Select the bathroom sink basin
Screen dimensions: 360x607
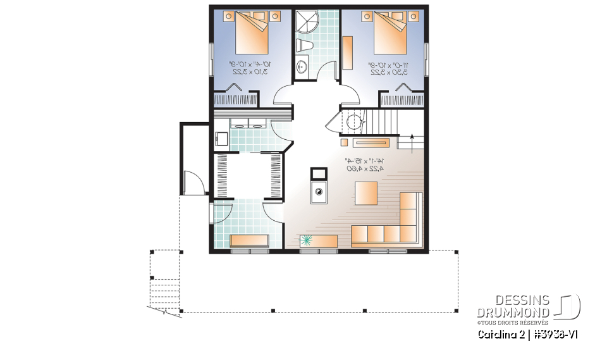pos(302,65)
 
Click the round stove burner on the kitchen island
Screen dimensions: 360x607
pos(319,190)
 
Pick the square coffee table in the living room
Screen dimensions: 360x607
pos(365,193)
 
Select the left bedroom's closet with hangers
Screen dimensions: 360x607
pos(235,100)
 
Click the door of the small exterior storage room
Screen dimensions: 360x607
pos(197,182)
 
